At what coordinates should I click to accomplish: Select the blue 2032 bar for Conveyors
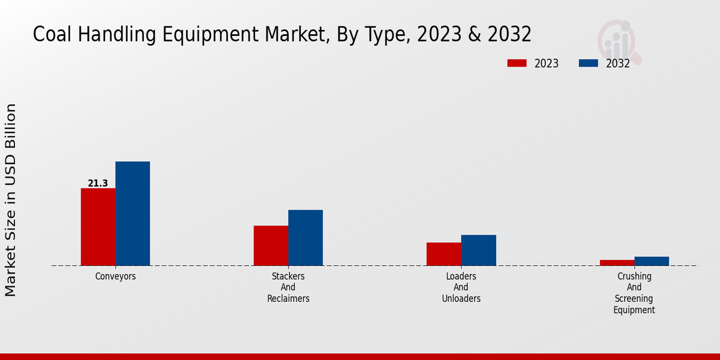133,214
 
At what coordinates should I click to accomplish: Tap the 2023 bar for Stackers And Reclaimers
271,245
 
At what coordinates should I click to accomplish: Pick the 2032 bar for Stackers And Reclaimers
305,238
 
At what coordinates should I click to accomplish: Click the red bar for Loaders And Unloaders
444,254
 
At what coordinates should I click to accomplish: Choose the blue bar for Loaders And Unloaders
478,250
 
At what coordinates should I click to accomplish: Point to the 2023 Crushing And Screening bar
617,262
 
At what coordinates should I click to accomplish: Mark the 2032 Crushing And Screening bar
652,261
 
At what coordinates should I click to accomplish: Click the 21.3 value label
98,183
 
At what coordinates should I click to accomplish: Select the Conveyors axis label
115,277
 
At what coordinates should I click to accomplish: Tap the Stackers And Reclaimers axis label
288,287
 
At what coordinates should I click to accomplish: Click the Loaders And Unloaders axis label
461,287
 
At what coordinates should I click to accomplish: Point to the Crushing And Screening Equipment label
634,293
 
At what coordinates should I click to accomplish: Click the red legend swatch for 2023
517,63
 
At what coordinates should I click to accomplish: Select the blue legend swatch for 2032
589,63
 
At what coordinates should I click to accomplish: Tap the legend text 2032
618,64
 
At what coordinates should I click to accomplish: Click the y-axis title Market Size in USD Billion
11,200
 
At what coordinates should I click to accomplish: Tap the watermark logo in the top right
619,41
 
